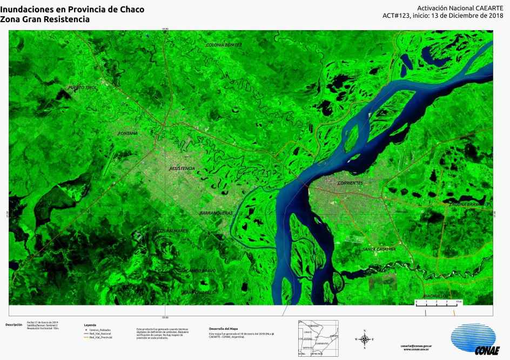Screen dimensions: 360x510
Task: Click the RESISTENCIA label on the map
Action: pyautogui.click(x=182, y=168)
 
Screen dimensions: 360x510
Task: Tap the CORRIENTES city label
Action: pyautogui.click(x=350, y=183)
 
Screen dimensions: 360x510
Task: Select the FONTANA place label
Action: pyautogui.click(x=127, y=133)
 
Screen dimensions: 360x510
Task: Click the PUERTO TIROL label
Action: pyautogui.click(x=82, y=87)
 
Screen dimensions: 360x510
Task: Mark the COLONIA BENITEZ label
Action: pyautogui.click(x=224, y=45)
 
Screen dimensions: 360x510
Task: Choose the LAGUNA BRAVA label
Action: pyautogui.click(x=465, y=205)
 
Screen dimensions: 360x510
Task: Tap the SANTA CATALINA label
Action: pyautogui.click(x=379, y=249)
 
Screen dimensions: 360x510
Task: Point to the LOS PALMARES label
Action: pyautogui.click(x=172, y=231)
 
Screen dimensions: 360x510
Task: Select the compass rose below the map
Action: pyautogui.click(x=365, y=339)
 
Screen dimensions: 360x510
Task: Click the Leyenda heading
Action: pyautogui.click(x=90, y=325)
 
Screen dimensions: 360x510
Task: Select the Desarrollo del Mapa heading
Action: pyautogui.click(x=223, y=328)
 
